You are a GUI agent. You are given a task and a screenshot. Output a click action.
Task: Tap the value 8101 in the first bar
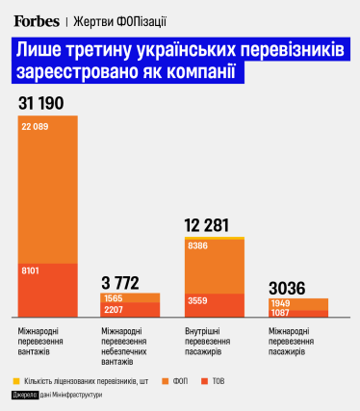click(32, 272)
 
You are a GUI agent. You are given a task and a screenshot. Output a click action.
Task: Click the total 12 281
click(211, 225)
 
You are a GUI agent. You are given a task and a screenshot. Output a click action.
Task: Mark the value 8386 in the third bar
click(199, 246)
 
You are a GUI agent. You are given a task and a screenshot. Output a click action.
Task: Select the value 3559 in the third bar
click(199, 299)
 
